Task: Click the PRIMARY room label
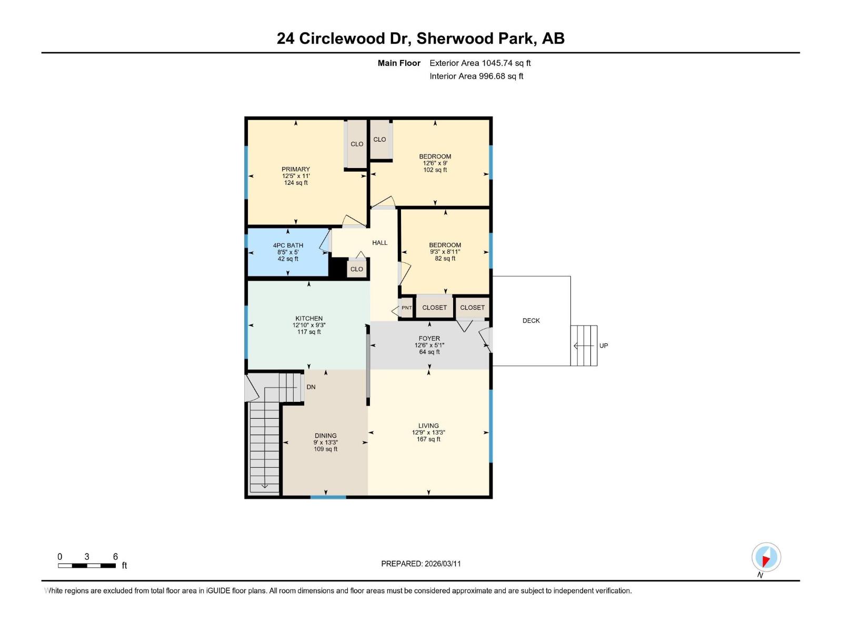click(x=296, y=170)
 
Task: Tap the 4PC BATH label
click(x=288, y=245)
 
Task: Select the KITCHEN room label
click(x=309, y=319)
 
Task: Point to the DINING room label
click(x=326, y=436)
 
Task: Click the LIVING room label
click(x=428, y=426)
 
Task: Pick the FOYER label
click(x=429, y=339)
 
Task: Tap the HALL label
click(x=379, y=243)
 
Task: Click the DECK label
click(x=531, y=321)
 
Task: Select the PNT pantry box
click(x=407, y=308)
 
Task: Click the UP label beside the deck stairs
click(x=604, y=346)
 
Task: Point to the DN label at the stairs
click(x=311, y=387)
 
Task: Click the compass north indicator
click(x=766, y=557)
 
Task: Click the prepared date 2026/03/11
click(x=421, y=564)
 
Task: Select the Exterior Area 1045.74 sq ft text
click(x=480, y=63)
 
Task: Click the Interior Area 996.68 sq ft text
click(x=476, y=76)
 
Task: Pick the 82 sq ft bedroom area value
click(x=445, y=259)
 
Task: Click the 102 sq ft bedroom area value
click(x=435, y=170)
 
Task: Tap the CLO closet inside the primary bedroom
click(x=357, y=144)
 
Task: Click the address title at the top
click(x=420, y=38)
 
